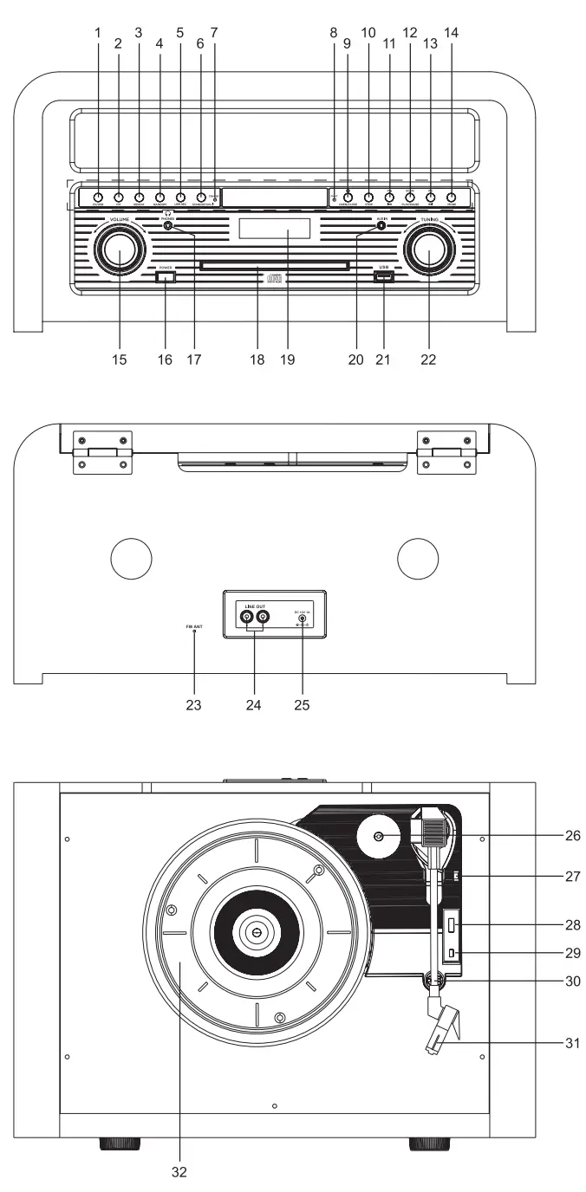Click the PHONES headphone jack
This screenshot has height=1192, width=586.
tap(168, 226)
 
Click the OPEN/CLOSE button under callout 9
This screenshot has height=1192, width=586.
tap(348, 198)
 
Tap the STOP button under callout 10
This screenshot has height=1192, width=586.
tap(368, 198)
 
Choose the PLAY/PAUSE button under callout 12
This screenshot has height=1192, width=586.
tap(410, 198)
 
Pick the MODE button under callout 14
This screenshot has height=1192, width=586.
tap(451, 198)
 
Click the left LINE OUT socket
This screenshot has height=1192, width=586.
tap(247, 618)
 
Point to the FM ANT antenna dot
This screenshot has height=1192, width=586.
tap(193, 632)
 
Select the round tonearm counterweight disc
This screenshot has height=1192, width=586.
tap(379, 837)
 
